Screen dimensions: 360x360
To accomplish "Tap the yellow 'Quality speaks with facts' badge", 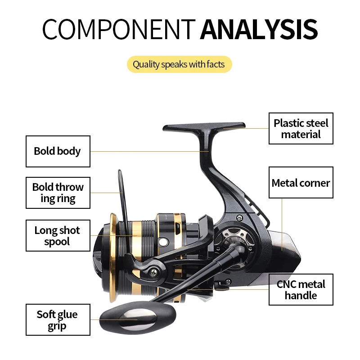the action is click(179, 64).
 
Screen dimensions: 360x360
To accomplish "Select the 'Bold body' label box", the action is click(58, 151).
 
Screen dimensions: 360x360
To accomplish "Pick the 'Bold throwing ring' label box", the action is click(58, 193).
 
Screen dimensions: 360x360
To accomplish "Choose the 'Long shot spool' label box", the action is click(58, 236).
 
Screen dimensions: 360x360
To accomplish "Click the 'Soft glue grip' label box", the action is click(58, 320).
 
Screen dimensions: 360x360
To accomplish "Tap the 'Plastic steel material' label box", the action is click(301, 128).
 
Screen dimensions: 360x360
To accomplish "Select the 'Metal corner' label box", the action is click(301, 183).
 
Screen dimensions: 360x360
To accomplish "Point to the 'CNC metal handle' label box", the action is click(301, 289).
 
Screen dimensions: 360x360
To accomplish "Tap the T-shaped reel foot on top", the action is click(205, 127).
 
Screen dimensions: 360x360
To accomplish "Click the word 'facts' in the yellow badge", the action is click(216, 64).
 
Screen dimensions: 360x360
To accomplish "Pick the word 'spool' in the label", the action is click(57, 242).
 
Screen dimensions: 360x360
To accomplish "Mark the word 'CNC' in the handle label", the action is click(286, 284).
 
